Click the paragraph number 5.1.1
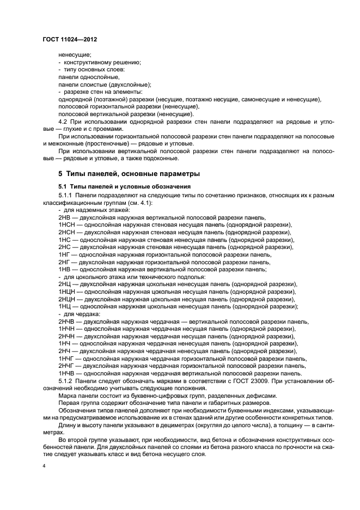point(66,195)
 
